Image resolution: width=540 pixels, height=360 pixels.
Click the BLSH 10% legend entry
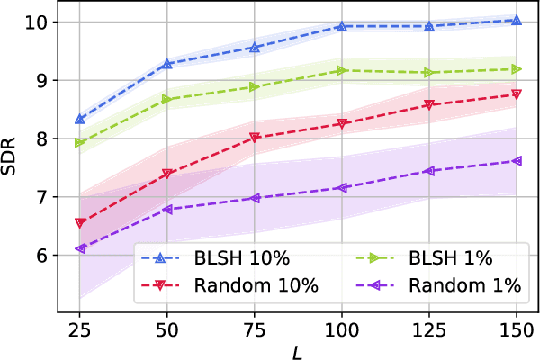click(216, 258)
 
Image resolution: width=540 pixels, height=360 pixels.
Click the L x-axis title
click(298, 348)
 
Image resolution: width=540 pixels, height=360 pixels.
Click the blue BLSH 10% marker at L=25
click(80, 119)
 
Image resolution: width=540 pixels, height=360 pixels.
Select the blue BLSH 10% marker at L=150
click(517, 20)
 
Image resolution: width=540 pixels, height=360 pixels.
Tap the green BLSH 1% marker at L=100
click(342, 70)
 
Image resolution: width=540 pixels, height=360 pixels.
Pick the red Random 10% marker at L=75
click(255, 138)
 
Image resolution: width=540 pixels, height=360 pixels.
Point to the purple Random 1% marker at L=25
click(80, 248)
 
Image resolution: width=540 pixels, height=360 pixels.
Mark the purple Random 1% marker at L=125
click(429, 171)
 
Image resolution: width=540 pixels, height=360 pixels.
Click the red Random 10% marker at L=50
click(167, 174)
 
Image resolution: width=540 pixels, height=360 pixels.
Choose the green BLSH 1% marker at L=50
click(167, 99)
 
